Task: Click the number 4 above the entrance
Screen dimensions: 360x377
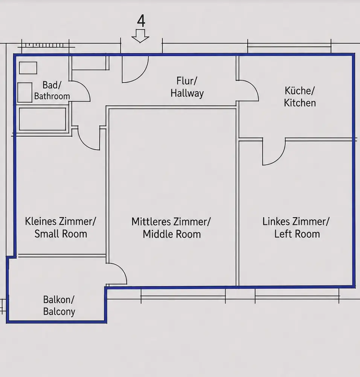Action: [x=141, y=21]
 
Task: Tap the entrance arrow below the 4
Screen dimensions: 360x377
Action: [x=140, y=36]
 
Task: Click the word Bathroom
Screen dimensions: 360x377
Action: [x=52, y=96]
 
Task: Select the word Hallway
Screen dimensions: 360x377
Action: [x=187, y=93]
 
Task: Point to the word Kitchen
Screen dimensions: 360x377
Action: [x=300, y=103]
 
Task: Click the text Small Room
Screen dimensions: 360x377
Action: [x=61, y=234]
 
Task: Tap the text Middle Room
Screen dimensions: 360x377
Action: [x=172, y=234]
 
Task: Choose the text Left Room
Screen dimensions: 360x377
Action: [x=297, y=234]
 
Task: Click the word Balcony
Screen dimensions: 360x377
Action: [x=59, y=312]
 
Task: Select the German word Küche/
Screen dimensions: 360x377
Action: [x=299, y=91]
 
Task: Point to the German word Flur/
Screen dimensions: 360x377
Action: [x=187, y=81]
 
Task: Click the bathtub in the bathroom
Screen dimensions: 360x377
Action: [x=43, y=119]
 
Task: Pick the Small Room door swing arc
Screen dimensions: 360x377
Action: [x=84, y=143]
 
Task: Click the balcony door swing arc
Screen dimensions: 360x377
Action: [x=121, y=269]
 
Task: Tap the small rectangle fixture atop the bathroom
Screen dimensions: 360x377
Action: [x=28, y=68]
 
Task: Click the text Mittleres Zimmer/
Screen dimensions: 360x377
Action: [x=171, y=222]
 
